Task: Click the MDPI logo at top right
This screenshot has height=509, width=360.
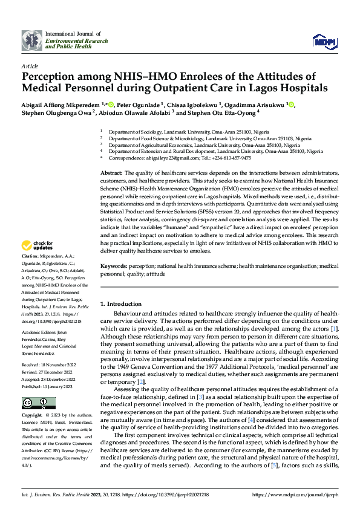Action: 324,41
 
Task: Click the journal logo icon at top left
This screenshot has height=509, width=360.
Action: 31,40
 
